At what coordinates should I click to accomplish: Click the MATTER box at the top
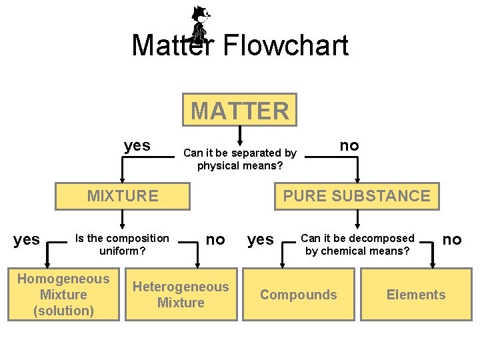[x=240, y=110]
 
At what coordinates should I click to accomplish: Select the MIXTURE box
[x=123, y=196]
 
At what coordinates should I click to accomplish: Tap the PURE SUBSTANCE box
[x=357, y=196]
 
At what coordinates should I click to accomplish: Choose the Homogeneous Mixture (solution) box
[x=63, y=295]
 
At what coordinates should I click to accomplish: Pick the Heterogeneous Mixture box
[x=181, y=295]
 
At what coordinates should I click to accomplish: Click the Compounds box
[x=299, y=295]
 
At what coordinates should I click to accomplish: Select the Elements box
[x=416, y=295]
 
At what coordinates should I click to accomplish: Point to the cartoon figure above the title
[x=199, y=23]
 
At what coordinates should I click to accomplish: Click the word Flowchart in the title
[x=285, y=45]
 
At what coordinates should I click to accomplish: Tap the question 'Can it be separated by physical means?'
[x=240, y=159]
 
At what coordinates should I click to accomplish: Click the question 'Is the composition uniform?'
[x=123, y=245]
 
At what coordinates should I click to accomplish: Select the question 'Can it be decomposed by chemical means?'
[x=357, y=245]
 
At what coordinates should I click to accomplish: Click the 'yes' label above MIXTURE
[x=137, y=145]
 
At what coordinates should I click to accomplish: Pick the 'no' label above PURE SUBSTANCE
[x=349, y=145]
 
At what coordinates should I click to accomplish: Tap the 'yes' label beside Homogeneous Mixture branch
[x=27, y=239]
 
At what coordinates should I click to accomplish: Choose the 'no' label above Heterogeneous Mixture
[x=215, y=239]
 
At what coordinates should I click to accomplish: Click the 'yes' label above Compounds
[x=260, y=239]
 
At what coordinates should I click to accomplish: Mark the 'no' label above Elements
[x=452, y=239]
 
